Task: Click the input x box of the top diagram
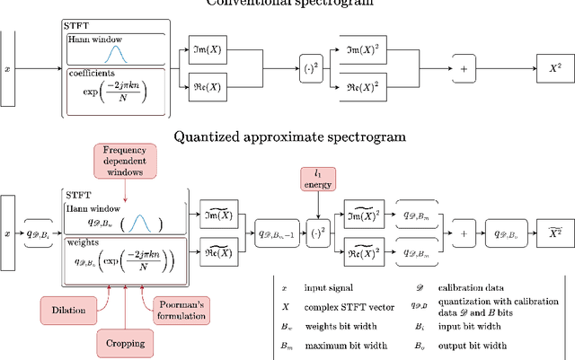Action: point(7,67)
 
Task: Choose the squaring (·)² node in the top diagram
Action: point(311,66)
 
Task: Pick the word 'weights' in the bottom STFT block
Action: point(85,242)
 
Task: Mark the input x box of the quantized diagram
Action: point(7,233)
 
